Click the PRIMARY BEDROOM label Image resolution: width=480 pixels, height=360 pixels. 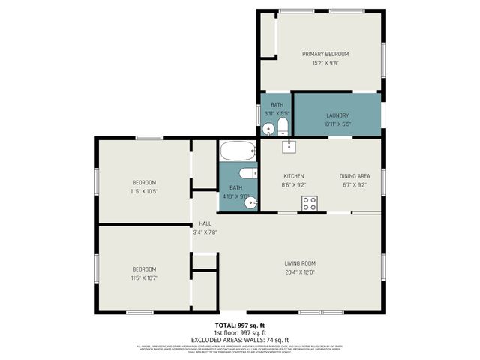(x=325, y=54)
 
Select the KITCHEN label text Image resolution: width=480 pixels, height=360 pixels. (x=293, y=175)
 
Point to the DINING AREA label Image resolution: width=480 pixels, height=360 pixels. (x=354, y=175)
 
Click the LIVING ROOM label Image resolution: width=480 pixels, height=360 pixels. (x=299, y=263)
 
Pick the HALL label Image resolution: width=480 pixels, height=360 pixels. (x=205, y=223)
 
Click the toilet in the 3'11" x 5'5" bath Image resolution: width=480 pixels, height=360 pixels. (x=283, y=125)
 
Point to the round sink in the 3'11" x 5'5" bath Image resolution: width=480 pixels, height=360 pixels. (x=268, y=129)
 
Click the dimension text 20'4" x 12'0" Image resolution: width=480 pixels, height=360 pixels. (x=299, y=272)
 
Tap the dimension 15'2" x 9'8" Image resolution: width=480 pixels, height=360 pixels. (x=325, y=63)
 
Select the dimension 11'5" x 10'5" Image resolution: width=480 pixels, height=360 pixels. (x=144, y=191)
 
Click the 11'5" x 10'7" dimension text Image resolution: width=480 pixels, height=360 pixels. (x=144, y=277)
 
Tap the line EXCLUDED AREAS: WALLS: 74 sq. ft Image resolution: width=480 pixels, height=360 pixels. (x=240, y=339)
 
